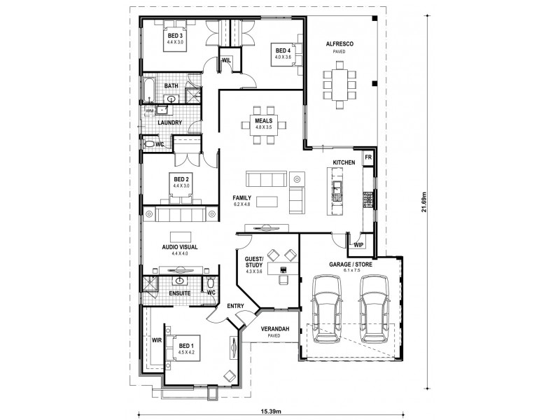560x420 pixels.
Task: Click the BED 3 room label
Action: pyautogui.click(x=175, y=36)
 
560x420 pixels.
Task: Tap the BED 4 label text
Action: pyautogui.click(x=282, y=50)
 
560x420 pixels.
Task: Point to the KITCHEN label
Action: pyautogui.click(x=344, y=162)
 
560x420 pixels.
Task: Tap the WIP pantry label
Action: pyautogui.click(x=359, y=244)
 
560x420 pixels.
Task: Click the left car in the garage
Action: pyautogui.click(x=325, y=307)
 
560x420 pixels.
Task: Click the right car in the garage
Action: pyautogui.click(x=372, y=307)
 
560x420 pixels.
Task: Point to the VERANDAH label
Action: pyautogui.click(x=272, y=328)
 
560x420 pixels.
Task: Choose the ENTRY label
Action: pyautogui.click(x=235, y=306)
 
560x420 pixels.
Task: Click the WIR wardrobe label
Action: pyautogui.click(x=157, y=340)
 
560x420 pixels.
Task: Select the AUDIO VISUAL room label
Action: pyautogui.click(x=180, y=247)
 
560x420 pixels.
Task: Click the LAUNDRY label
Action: pyautogui.click(x=170, y=122)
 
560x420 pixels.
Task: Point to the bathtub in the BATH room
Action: pyautogui.click(x=150, y=87)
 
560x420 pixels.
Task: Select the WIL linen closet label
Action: pyautogui.click(x=226, y=60)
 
